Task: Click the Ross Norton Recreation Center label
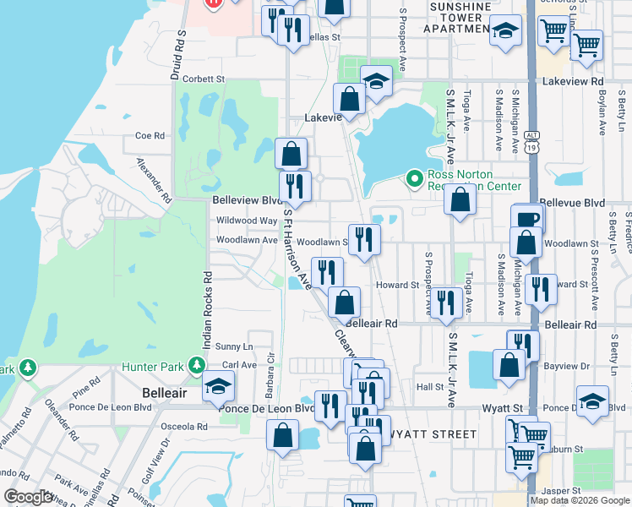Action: coord(473,179)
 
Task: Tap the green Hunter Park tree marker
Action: coord(196,365)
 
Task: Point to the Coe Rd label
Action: coord(149,135)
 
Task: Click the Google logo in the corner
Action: coord(28,497)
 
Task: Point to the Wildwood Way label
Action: coord(247,221)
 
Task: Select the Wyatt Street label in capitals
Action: coord(428,433)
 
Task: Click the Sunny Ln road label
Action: coord(234,346)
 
